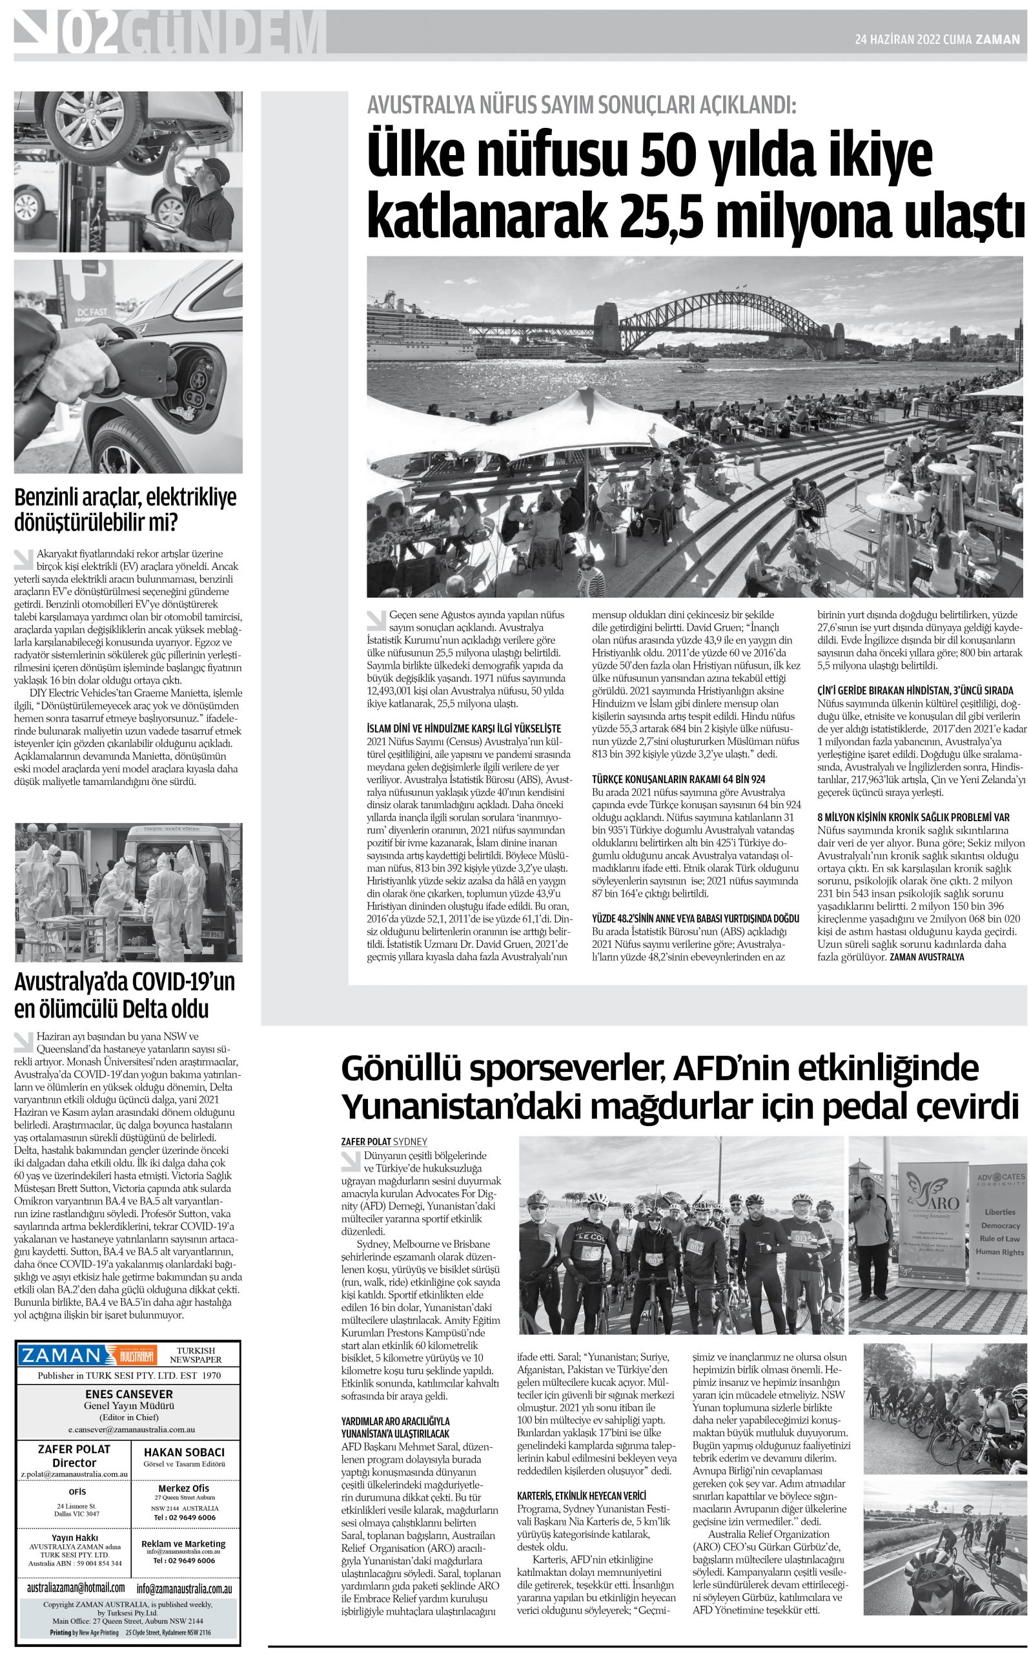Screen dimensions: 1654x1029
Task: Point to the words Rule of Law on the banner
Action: pos(999,1238)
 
